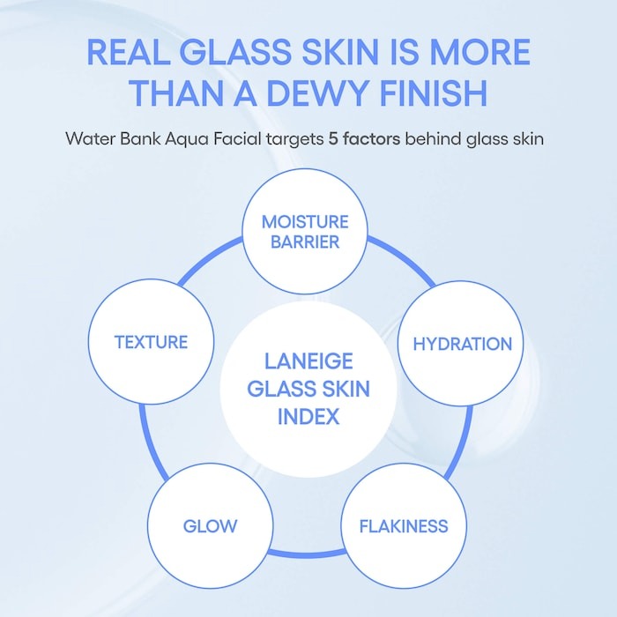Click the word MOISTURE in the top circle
pyautogui.click(x=305, y=221)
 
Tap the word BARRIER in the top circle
pyautogui.click(x=305, y=242)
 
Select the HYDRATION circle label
pyautogui.click(x=463, y=343)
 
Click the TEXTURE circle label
pyautogui.click(x=151, y=341)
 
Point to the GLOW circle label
pyautogui.click(x=210, y=526)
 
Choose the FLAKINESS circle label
pyautogui.click(x=404, y=526)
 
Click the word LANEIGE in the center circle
pyautogui.click(x=308, y=361)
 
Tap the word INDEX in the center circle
pyautogui.click(x=308, y=415)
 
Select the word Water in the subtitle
pyautogui.click(x=88, y=138)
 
